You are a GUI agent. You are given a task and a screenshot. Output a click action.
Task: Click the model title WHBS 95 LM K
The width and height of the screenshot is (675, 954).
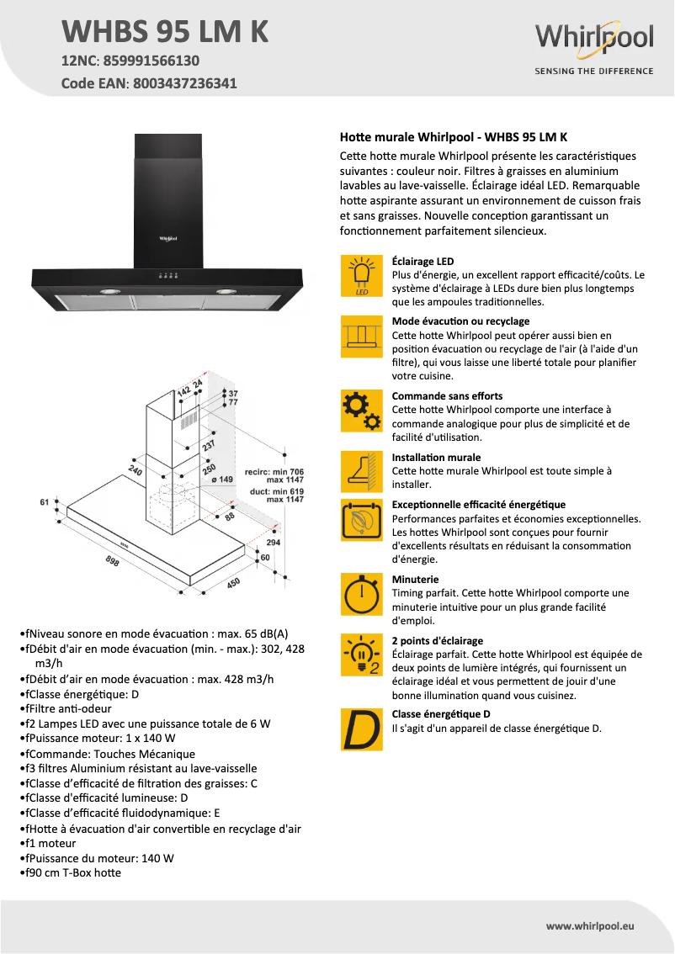165,31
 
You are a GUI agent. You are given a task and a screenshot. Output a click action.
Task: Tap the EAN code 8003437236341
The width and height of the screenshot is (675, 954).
182,83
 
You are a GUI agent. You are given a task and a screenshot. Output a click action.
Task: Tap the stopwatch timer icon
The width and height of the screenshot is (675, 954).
361,594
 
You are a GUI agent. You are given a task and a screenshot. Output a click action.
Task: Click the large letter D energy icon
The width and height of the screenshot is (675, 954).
361,730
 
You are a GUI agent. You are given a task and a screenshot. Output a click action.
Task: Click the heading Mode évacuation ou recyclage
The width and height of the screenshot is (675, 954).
460,321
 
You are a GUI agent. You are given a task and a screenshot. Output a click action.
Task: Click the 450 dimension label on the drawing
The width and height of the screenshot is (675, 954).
233,583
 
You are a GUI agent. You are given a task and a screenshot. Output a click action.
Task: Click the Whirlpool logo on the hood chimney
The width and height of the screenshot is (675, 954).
167,239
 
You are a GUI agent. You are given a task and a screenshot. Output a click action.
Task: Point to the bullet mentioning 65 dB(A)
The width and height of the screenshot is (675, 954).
156,633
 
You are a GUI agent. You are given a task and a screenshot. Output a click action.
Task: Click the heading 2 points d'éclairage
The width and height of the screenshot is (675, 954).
437,640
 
